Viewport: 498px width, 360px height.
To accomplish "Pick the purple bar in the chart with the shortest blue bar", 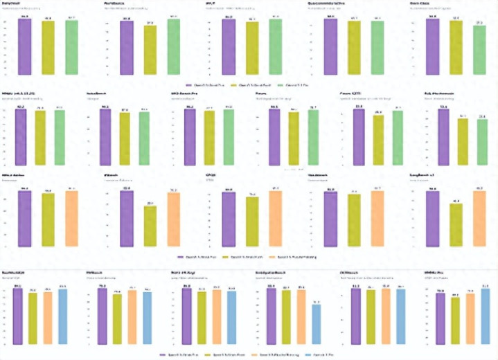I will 272,316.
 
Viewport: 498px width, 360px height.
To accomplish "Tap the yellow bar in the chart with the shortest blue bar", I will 287,317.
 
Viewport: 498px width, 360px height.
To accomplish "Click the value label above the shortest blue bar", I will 317,303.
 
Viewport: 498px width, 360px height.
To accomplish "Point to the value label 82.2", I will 20,107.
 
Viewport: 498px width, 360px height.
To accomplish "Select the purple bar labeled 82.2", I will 20,138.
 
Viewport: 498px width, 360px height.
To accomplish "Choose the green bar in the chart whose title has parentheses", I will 59,138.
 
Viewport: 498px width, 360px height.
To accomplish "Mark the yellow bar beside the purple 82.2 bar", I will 39,138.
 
